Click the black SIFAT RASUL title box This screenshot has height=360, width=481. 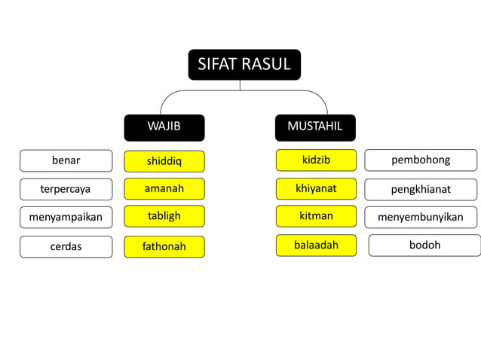coord(244,65)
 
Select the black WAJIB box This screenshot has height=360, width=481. coord(164,127)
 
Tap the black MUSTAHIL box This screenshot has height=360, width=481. coord(315,127)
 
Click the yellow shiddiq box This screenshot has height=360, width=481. coord(164,161)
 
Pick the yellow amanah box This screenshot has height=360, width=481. coord(164,188)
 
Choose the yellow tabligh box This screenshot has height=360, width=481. coord(164,216)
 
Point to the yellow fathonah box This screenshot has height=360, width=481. coord(164,246)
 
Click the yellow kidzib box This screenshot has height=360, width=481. coord(316,160)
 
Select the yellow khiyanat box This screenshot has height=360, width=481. coord(316,188)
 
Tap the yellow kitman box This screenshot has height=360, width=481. coord(316,216)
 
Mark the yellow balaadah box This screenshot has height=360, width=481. coord(316,245)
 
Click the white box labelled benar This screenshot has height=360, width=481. coord(66,160)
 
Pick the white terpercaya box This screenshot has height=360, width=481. coord(66,189)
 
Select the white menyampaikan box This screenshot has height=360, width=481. coord(66,218)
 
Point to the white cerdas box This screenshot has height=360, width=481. coord(66,246)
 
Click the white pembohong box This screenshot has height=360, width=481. coord(421,160)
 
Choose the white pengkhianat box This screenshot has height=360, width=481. coord(421,189)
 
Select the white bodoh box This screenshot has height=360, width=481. coord(424,245)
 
